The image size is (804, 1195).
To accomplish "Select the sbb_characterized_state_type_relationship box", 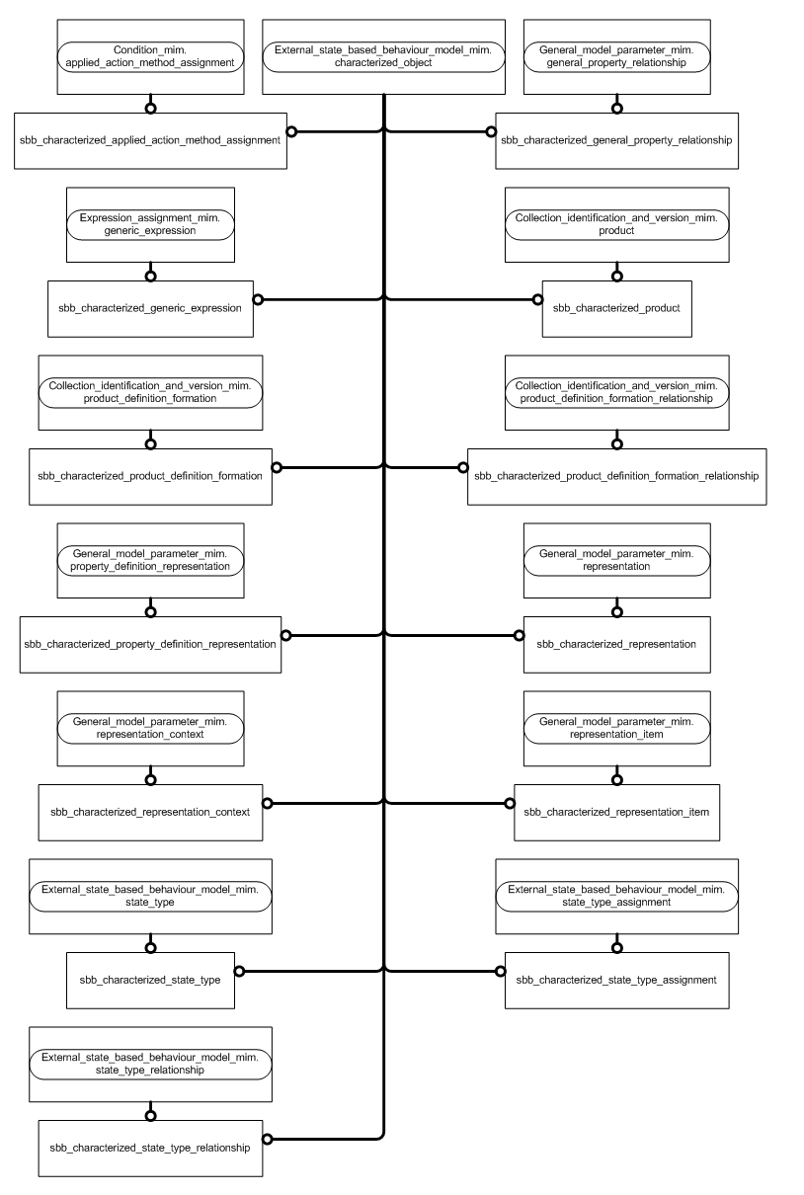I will click(150, 1148).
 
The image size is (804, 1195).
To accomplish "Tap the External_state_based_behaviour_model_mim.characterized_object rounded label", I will click(383, 55).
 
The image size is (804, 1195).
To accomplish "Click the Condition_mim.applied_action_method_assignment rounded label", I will click(150, 55).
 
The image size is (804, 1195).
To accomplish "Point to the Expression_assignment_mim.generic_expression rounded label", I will click(150, 223).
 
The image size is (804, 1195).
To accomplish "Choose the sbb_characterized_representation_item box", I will click(616, 812).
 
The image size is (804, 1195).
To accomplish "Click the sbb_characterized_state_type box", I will click(150, 980).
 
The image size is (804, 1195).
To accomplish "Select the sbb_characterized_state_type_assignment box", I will click(616, 980).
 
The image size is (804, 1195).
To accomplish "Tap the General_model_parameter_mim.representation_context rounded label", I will click(150, 728).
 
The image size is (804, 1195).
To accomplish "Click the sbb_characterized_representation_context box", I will click(150, 812).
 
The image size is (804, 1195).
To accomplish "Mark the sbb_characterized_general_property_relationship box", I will click(616, 140).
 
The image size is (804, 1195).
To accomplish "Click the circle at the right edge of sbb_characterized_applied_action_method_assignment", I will click(291, 131).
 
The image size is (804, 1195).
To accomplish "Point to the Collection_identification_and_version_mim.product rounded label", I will click(616, 223).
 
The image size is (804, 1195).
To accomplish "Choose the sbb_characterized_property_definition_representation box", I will click(150, 644).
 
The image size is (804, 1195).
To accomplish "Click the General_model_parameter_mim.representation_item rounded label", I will click(616, 728).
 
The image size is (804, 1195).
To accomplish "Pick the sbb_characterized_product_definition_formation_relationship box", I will click(616, 476).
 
